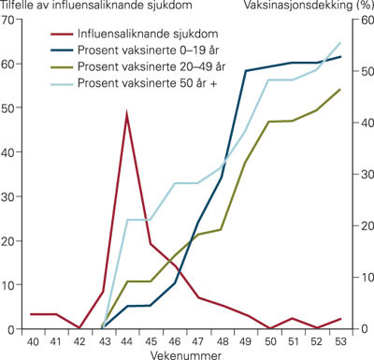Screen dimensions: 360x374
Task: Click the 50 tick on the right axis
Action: (361, 71)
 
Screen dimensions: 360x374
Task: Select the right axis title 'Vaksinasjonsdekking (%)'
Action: (308, 6)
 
